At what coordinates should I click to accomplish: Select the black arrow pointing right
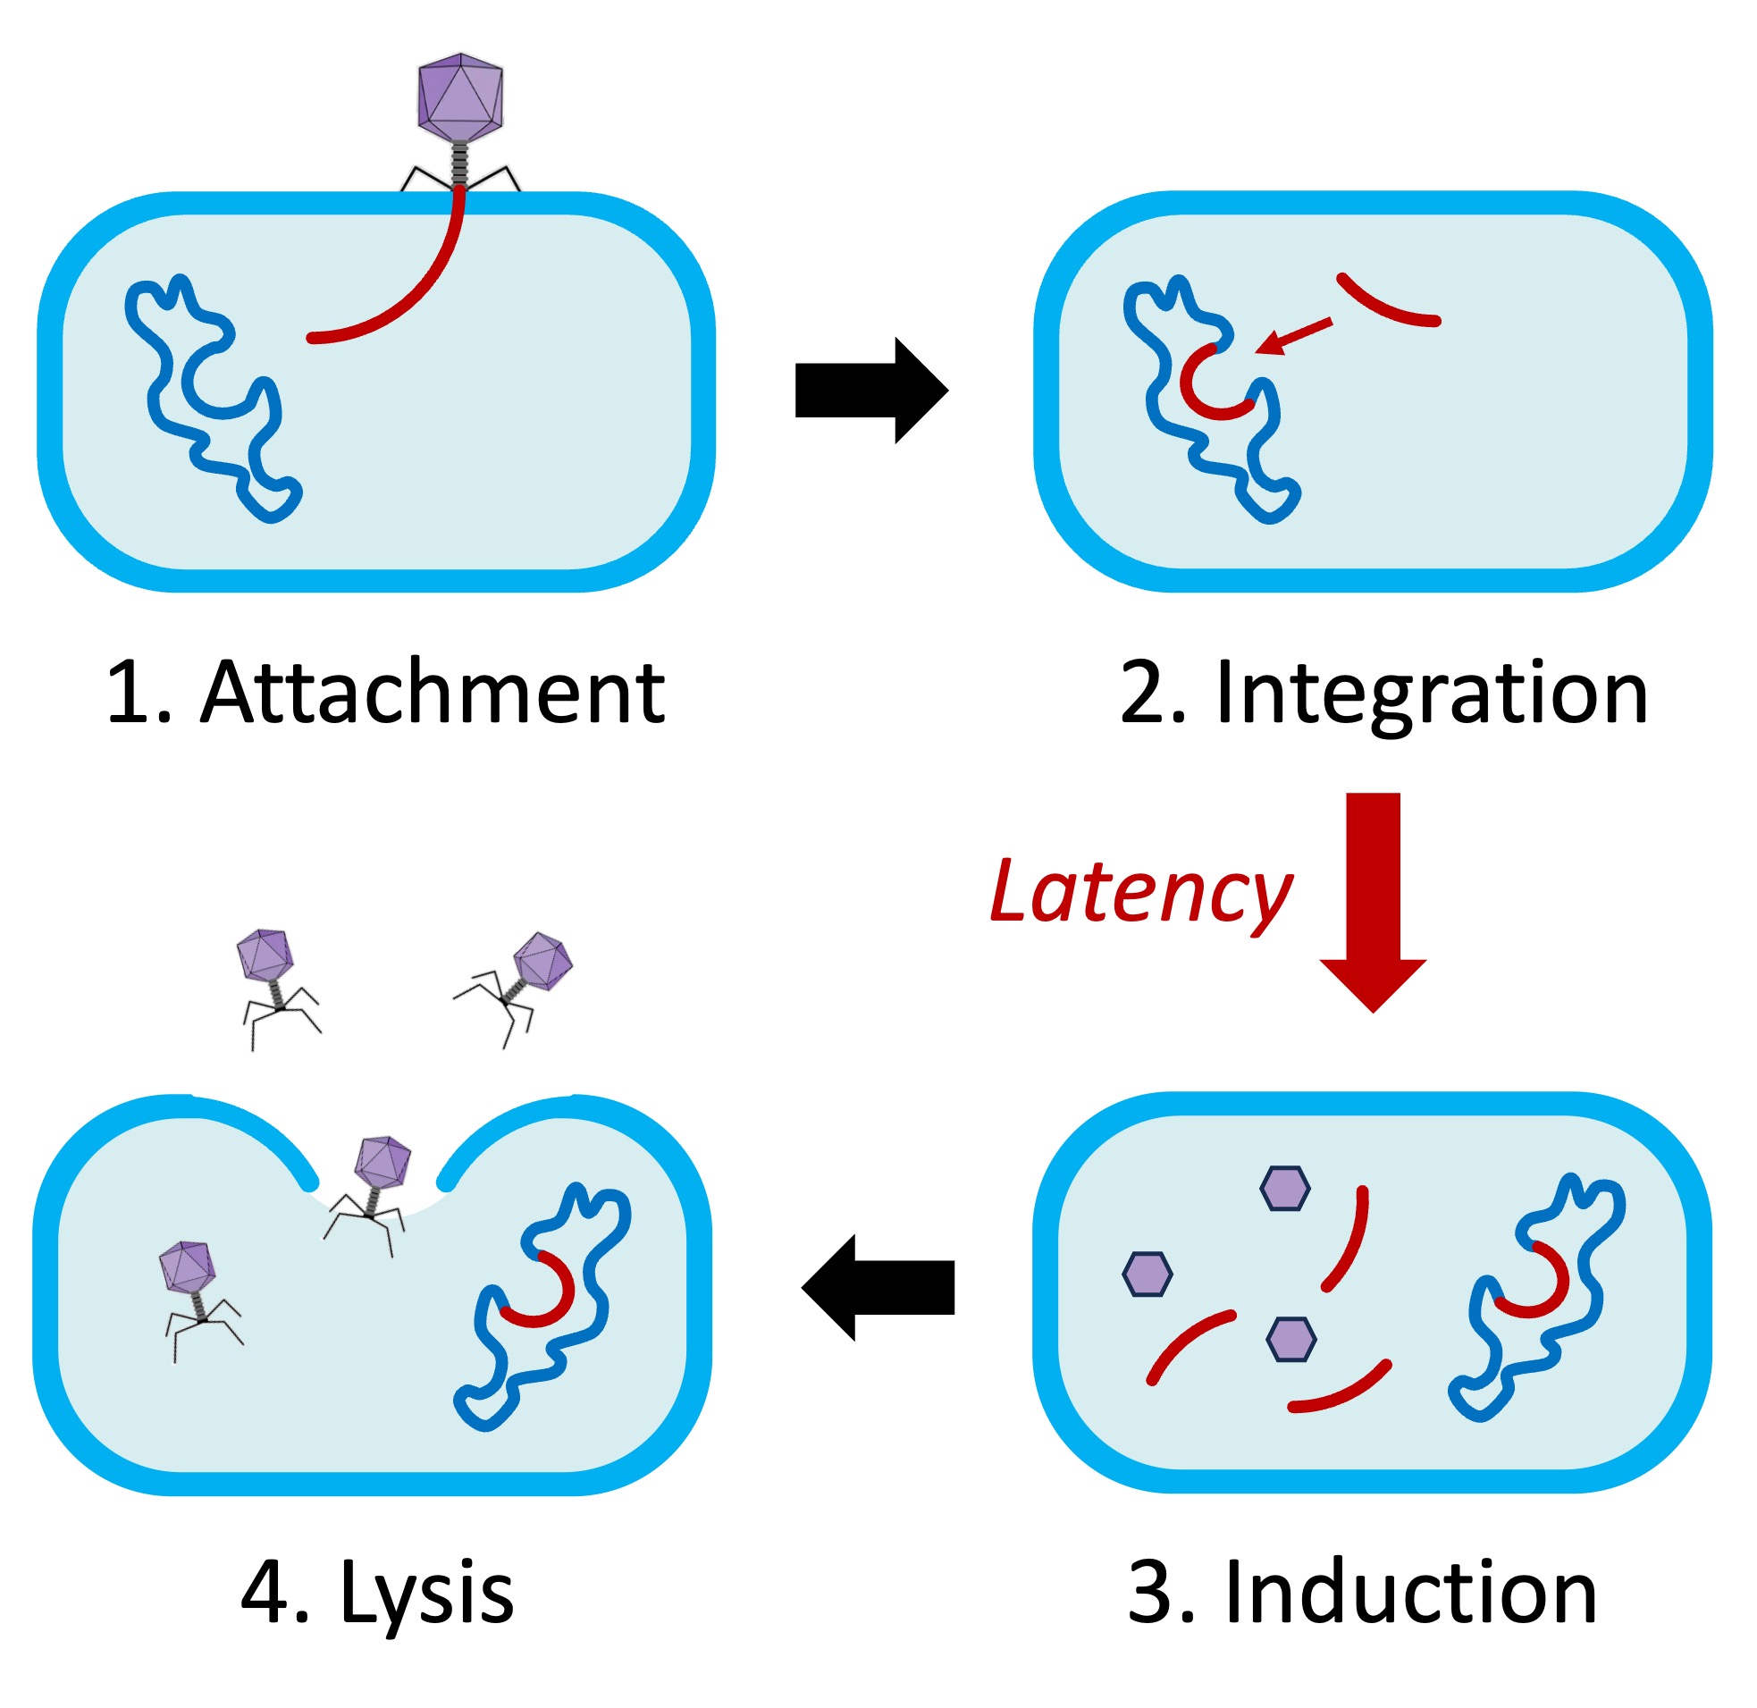(x=870, y=391)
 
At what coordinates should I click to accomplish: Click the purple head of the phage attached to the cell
(x=460, y=97)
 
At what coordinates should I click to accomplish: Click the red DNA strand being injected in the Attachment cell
(x=422, y=287)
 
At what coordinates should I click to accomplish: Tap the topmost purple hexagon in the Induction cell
(x=1284, y=1188)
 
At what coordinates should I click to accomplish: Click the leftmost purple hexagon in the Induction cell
(x=1147, y=1274)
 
